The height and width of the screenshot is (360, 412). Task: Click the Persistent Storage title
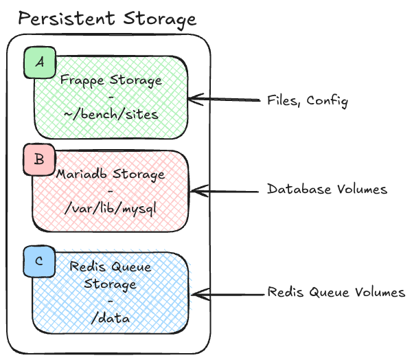coord(107,19)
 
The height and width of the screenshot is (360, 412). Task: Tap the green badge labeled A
coord(40,63)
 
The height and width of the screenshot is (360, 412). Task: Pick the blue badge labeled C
coord(39,261)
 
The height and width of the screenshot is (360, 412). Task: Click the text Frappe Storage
coord(111,80)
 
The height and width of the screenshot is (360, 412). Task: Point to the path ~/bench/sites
coord(111,115)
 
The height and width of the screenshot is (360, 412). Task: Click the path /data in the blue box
coord(111,319)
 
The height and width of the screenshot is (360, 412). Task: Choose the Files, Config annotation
coord(308,101)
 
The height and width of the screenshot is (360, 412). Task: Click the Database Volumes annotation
coord(328,189)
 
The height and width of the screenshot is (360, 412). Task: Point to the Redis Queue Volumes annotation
coord(336,293)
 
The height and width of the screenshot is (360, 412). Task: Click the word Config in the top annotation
coord(328,101)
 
